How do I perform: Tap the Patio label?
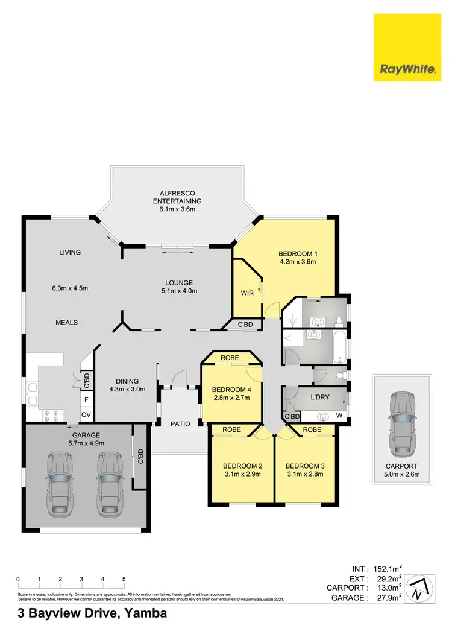(x=180, y=424)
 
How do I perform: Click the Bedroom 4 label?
(x=231, y=388)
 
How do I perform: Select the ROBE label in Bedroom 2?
(x=232, y=429)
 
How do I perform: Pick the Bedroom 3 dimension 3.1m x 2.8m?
(x=304, y=474)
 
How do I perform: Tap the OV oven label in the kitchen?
(x=86, y=414)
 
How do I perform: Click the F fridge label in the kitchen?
(x=86, y=399)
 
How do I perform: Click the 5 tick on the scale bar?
(x=124, y=579)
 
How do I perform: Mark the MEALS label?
(x=67, y=322)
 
